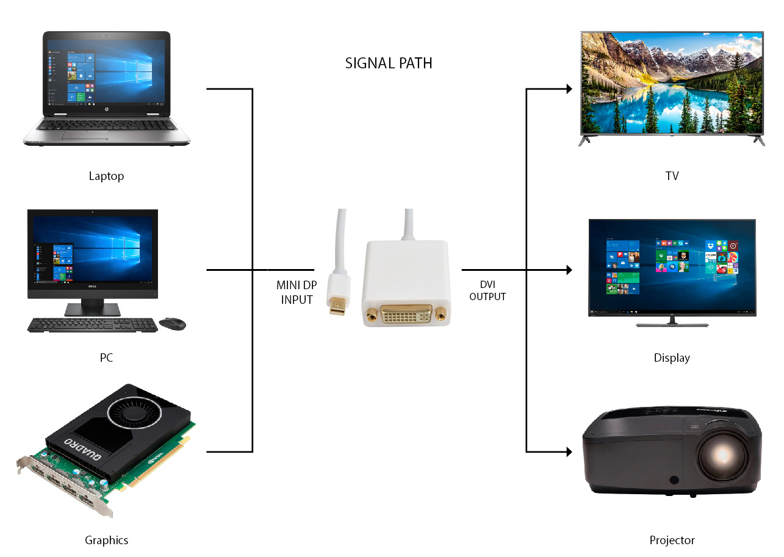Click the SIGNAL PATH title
(389, 63)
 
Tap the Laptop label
(106, 176)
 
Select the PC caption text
(106, 358)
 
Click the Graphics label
(106, 540)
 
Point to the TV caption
(672, 176)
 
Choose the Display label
(672, 358)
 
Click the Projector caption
(672, 540)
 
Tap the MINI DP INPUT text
(297, 292)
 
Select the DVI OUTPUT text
(487, 290)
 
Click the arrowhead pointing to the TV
(569, 89)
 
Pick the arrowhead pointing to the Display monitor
(569, 270)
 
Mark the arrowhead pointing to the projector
(569, 451)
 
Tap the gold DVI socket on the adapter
(406, 314)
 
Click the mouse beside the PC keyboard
(173, 323)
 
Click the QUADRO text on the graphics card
(83, 449)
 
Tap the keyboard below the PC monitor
(92, 325)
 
